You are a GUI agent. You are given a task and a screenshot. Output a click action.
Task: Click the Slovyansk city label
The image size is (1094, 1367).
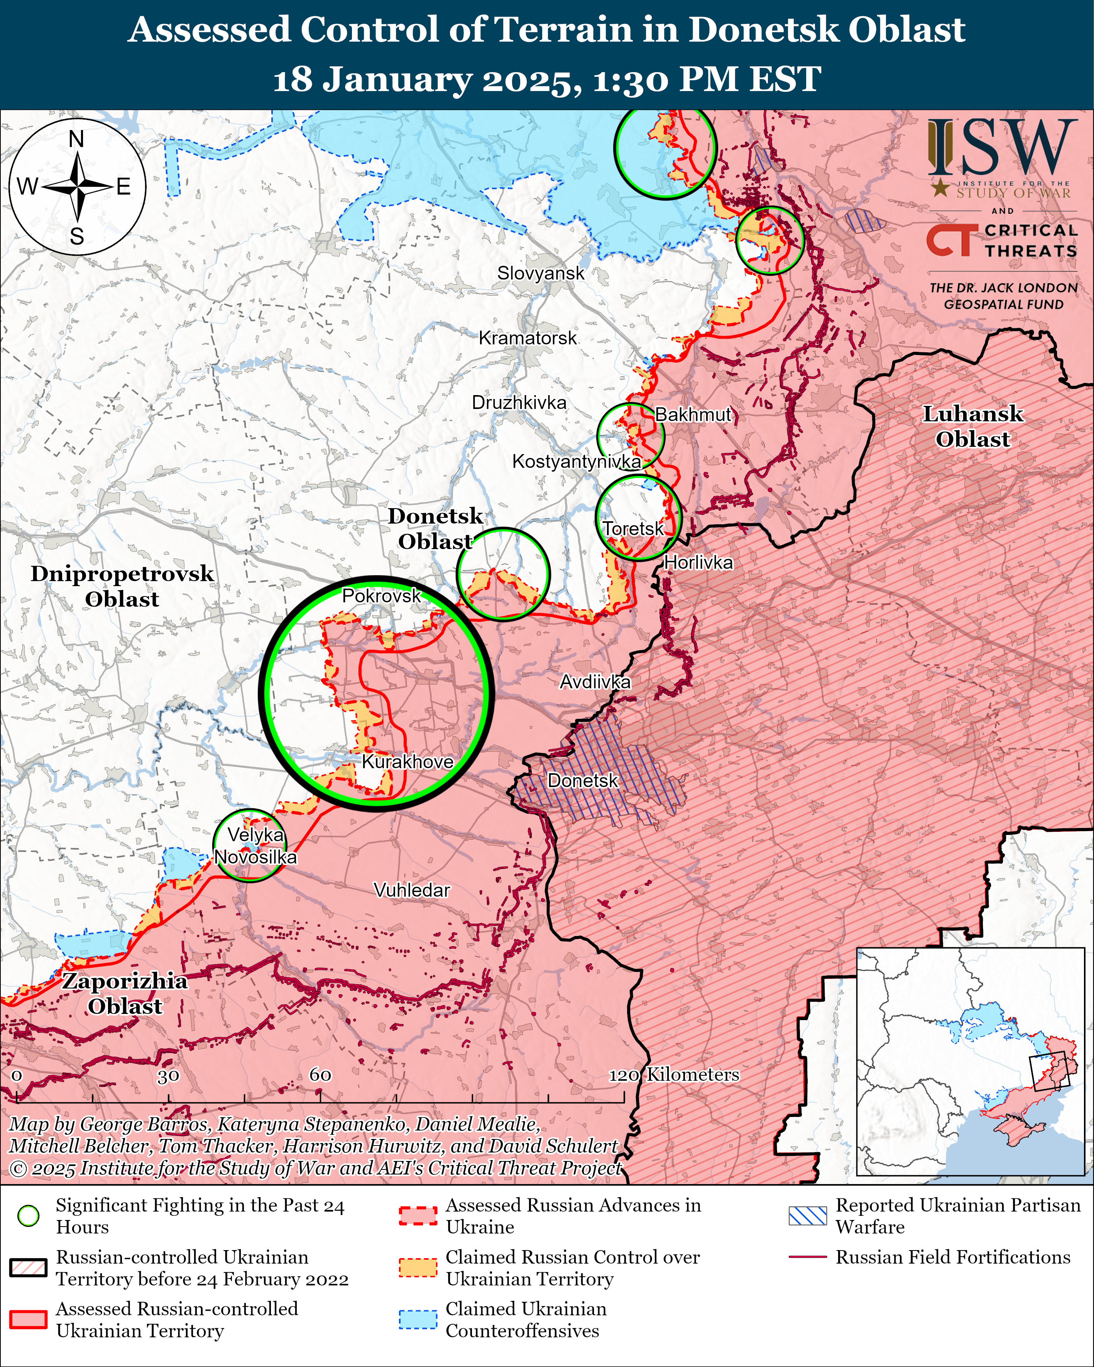click(540, 273)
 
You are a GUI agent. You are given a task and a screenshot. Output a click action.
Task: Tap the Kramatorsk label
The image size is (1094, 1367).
click(528, 338)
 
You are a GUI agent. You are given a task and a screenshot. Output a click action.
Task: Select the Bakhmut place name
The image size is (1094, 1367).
click(693, 415)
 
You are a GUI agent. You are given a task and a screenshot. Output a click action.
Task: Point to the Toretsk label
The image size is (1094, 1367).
click(632, 528)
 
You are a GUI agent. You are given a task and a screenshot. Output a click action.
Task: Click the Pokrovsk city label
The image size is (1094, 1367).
click(381, 595)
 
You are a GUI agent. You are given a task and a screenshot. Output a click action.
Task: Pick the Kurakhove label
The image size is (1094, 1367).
click(407, 762)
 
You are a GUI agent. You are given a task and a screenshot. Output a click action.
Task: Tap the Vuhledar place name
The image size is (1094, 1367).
click(412, 890)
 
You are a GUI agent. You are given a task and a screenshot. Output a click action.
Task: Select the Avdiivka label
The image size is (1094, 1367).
click(595, 682)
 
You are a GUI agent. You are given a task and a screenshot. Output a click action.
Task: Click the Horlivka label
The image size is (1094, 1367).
click(698, 563)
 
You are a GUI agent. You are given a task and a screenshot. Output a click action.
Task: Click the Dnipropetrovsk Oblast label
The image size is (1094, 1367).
click(122, 586)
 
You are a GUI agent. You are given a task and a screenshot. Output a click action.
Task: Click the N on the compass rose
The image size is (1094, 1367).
click(76, 139)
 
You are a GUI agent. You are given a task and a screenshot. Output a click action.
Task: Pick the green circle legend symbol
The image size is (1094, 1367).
click(29, 1215)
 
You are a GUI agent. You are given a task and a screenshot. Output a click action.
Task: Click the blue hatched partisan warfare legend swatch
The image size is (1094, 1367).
click(807, 1215)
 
